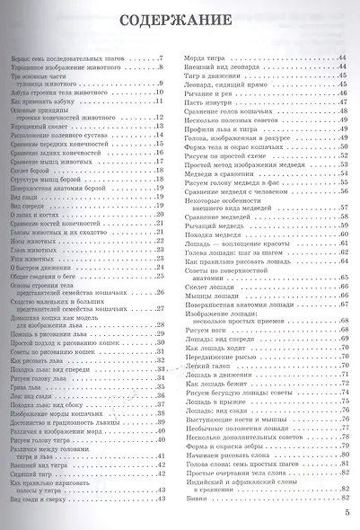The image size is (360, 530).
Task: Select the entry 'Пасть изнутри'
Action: pyautogui.click(x=208, y=101)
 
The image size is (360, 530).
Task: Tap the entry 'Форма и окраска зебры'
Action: pyautogui.click(x=224, y=447)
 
